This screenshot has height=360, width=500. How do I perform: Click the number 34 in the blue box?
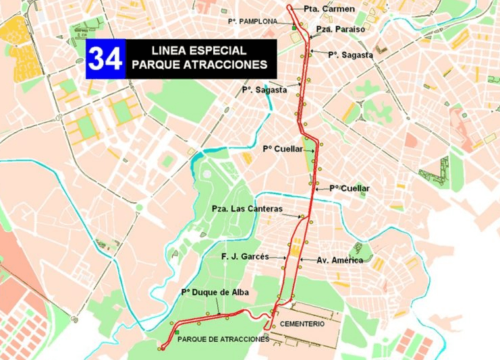coord(105,59)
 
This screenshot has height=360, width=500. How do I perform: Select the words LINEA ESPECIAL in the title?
coord(198,51)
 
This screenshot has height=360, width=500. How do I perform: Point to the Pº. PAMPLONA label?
coord(252,22)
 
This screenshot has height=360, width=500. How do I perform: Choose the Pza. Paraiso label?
coord(341,30)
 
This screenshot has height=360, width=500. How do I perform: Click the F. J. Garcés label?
coord(245,257)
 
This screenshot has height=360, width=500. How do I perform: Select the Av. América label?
coord(340,260)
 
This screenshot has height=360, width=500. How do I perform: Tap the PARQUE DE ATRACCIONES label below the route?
coord(223,339)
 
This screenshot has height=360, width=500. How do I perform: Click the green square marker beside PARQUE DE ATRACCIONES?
coord(176,333)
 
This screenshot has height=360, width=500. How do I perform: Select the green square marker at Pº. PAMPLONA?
coord(294,28)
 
